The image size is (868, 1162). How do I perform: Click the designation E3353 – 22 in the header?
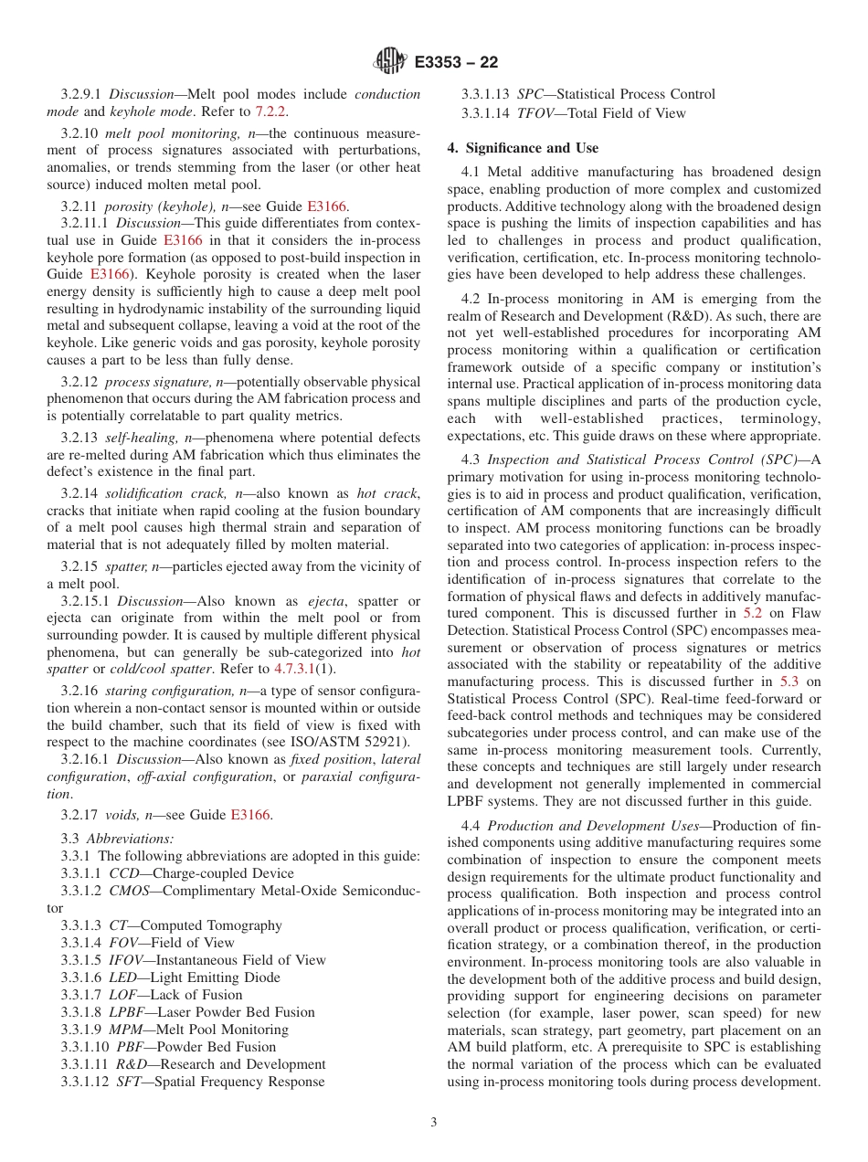click(x=456, y=62)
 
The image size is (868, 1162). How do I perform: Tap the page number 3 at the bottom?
click(x=434, y=1122)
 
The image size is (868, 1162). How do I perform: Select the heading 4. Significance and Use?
click(x=523, y=148)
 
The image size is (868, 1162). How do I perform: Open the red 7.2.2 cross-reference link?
click(x=271, y=111)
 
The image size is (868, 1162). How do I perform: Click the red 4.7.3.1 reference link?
click(x=293, y=669)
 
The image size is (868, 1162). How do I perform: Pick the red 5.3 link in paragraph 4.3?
click(x=789, y=681)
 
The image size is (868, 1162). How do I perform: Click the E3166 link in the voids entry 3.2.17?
click(x=250, y=815)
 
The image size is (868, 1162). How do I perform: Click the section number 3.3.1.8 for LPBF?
click(x=82, y=1012)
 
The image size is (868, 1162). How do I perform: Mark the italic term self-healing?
click(x=136, y=438)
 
